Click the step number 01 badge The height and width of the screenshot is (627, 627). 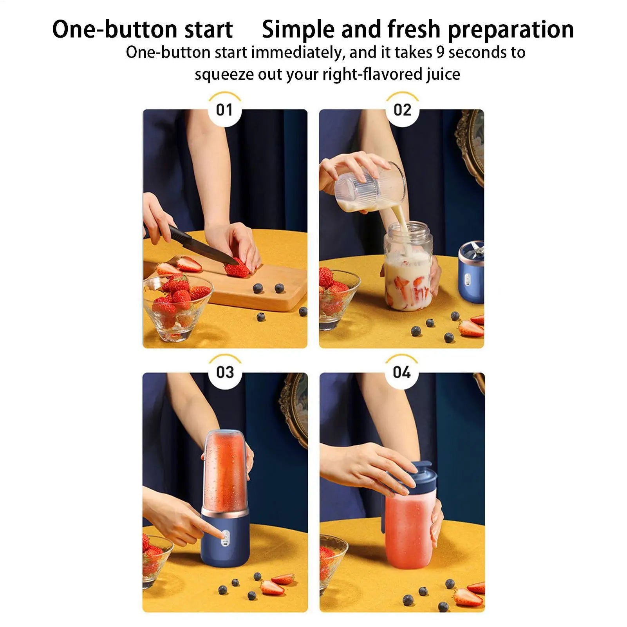224,110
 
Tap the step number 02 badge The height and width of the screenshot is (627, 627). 402,110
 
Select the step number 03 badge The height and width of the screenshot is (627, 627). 225,372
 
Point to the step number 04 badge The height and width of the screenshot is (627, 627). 401,372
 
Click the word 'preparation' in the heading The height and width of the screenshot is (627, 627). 511,30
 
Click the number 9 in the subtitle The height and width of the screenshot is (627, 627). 441,52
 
